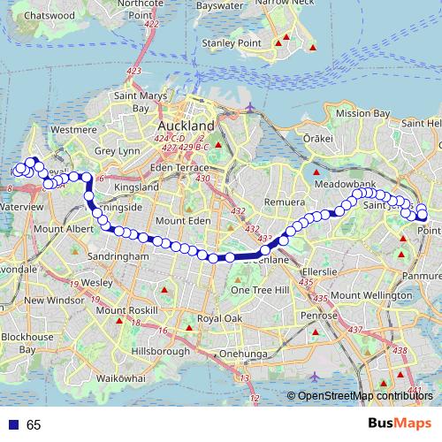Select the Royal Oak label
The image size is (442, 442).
(219, 318)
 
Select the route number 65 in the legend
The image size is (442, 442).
(34, 424)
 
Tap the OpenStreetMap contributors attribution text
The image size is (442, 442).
(365, 397)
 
